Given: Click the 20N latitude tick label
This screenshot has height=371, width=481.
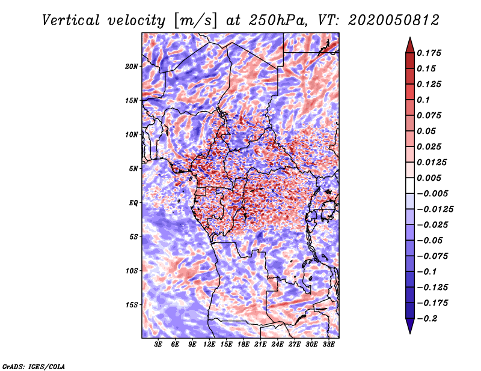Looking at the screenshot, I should click(132, 66).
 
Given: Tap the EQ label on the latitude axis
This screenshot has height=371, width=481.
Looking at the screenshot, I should click(133, 203).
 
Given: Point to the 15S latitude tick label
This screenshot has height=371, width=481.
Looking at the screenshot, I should click(132, 305).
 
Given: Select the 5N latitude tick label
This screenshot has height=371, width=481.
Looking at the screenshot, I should click(133, 169).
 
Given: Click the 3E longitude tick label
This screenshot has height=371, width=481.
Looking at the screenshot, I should click(159, 345).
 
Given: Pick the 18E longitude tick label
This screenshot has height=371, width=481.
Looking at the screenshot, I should click(244, 345).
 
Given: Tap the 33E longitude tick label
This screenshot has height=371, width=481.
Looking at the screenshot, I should click(328, 345).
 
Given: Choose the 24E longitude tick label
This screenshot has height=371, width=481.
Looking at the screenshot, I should click(277, 345).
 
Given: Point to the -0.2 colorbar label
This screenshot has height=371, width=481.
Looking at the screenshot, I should click(428, 319).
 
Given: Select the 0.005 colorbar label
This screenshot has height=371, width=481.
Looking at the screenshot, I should click(429, 178).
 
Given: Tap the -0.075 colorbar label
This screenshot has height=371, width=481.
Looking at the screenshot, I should click(434, 256).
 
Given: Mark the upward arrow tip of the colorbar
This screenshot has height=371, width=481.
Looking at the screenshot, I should click(409, 38).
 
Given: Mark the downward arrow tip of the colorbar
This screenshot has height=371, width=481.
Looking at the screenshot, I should click(409, 332).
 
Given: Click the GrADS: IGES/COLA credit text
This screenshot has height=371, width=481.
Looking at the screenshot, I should click(34, 366).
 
